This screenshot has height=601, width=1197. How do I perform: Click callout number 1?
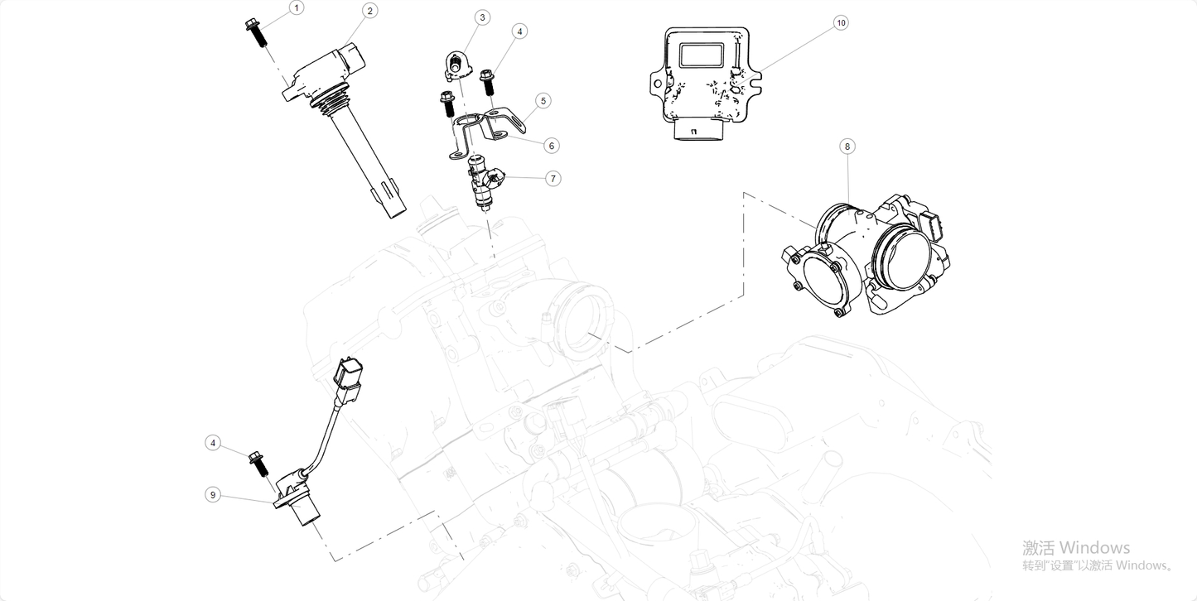[x=297, y=8]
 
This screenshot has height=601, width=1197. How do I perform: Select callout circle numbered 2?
[x=370, y=10]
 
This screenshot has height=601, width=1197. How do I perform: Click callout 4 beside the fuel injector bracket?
[x=519, y=31]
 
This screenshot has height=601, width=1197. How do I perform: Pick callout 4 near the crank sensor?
[x=213, y=443]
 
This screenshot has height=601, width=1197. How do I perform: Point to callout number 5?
[x=543, y=101]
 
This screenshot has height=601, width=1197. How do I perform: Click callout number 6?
[x=552, y=146]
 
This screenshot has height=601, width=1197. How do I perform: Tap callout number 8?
[x=846, y=147]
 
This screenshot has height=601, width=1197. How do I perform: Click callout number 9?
[x=213, y=494]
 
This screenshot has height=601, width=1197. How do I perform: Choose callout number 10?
[x=841, y=23]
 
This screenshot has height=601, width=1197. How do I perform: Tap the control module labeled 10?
[x=704, y=83]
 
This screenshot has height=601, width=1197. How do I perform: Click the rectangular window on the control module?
[x=701, y=55]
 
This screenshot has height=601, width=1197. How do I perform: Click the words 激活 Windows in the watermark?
[x=1075, y=547]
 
